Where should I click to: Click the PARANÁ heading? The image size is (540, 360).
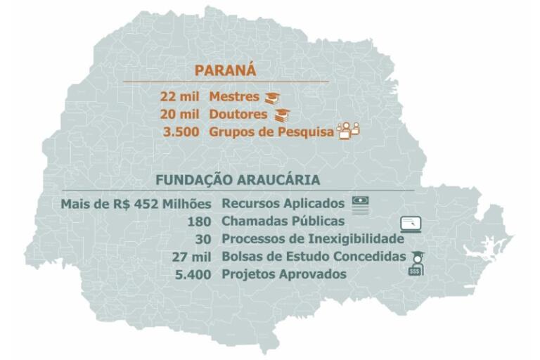click(225, 70)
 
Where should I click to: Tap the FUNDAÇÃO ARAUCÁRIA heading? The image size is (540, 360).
click(238, 180)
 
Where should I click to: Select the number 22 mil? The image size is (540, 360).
click(180, 96)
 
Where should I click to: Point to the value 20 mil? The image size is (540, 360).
click(180, 114)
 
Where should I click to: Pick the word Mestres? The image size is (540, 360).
click(234, 96)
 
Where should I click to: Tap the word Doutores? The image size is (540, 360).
click(238, 114)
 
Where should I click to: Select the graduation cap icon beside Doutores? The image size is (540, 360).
click(281, 115)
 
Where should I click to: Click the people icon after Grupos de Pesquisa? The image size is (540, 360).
click(349, 131)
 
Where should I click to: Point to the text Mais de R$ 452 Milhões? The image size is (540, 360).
click(136, 204)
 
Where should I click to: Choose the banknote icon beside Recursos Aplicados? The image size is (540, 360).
click(361, 203)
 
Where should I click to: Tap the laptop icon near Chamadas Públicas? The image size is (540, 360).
click(411, 225)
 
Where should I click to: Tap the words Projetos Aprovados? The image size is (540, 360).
click(283, 274)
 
